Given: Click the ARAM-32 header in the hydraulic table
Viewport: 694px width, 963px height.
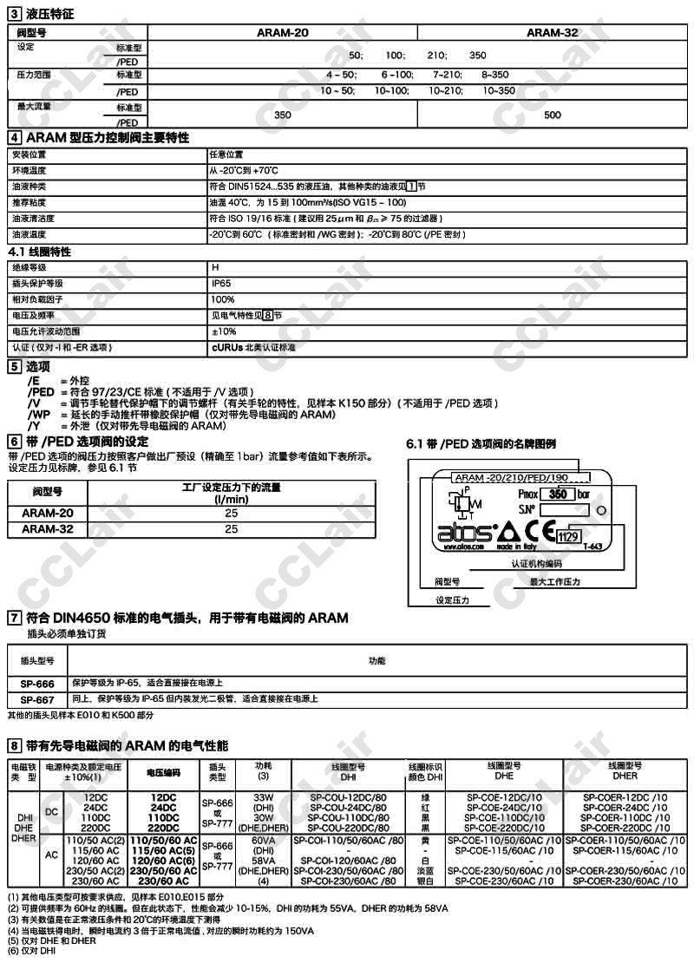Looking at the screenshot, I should [553, 32].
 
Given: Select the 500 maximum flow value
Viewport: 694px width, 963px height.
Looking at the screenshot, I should [553, 115].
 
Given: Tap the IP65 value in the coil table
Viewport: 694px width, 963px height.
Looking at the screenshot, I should [221, 284].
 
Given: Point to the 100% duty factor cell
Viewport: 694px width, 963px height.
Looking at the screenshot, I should [223, 299].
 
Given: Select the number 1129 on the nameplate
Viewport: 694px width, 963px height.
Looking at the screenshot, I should [568, 538].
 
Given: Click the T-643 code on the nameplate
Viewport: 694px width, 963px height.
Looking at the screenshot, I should [593, 547].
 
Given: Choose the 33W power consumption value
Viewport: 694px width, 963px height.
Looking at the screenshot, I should [263, 796].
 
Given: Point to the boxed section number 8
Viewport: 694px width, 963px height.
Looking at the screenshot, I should [14, 745].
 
